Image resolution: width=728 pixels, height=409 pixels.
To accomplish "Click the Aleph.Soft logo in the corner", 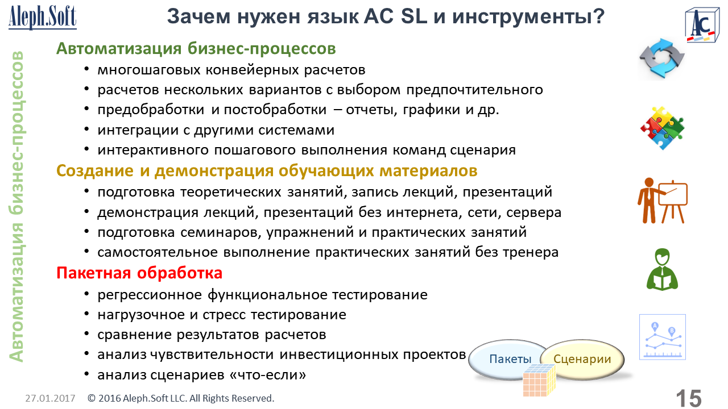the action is pyautogui.click(x=43, y=17).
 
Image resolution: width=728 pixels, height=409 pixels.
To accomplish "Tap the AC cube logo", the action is pyautogui.click(x=701, y=26).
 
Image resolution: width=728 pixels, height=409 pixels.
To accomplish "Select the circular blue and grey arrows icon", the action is pyautogui.click(x=661, y=59).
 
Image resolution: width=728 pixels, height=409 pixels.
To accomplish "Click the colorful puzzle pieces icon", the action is pyautogui.click(x=663, y=128).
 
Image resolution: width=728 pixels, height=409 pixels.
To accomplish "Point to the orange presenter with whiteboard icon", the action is pyautogui.click(x=663, y=201).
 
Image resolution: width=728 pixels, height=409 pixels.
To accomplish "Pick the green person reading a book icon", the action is pyautogui.click(x=663, y=269).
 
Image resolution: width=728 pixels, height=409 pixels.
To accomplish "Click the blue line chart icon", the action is pyautogui.click(x=663, y=337).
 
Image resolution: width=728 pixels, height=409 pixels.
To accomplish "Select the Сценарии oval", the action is pyautogui.click(x=582, y=359).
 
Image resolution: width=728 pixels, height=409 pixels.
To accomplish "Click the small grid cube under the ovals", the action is pyautogui.click(x=539, y=381).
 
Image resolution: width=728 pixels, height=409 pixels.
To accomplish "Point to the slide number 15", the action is pyautogui.click(x=689, y=399).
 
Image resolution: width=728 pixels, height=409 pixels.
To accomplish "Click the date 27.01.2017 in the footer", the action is pyautogui.click(x=50, y=398).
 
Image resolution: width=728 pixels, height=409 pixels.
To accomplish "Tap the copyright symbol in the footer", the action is pyautogui.click(x=92, y=398).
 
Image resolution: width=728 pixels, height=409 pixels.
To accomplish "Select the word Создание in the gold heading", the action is pyautogui.click(x=95, y=171).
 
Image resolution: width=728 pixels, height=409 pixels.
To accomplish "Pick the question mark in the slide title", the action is pyautogui.click(x=598, y=16).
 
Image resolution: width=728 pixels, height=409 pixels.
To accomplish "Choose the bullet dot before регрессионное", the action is pyautogui.click(x=86, y=294).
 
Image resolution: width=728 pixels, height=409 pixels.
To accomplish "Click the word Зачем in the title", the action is pyautogui.click(x=199, y=16).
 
